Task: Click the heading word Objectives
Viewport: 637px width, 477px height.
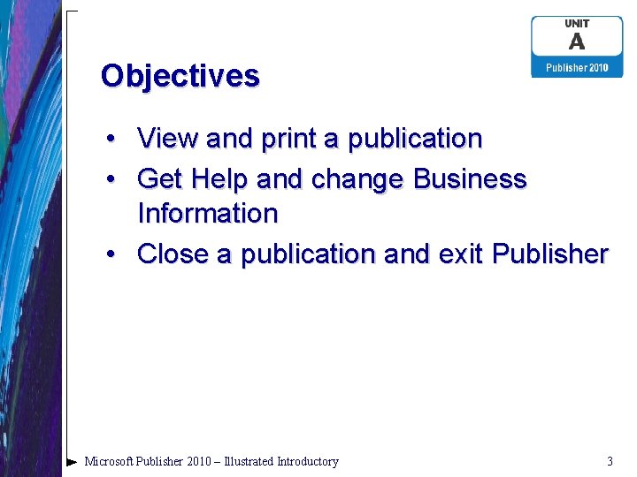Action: [180, 76]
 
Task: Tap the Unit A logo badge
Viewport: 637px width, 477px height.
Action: [577, 47]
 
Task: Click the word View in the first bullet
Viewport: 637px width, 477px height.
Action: [168, 139]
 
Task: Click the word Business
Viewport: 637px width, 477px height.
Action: [470, 179]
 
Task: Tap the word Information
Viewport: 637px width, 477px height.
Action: [208, 214]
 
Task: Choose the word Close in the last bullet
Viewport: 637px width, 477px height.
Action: [174, 254]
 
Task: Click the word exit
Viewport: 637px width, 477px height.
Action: [460, 254]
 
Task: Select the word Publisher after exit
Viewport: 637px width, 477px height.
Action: [550, 254]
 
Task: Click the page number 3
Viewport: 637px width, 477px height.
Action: [610, 461]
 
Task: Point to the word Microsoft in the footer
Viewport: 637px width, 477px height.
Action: [111, 461]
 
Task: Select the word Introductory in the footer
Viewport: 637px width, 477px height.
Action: [307, 461]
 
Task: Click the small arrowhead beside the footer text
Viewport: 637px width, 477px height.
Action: [72, 461]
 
